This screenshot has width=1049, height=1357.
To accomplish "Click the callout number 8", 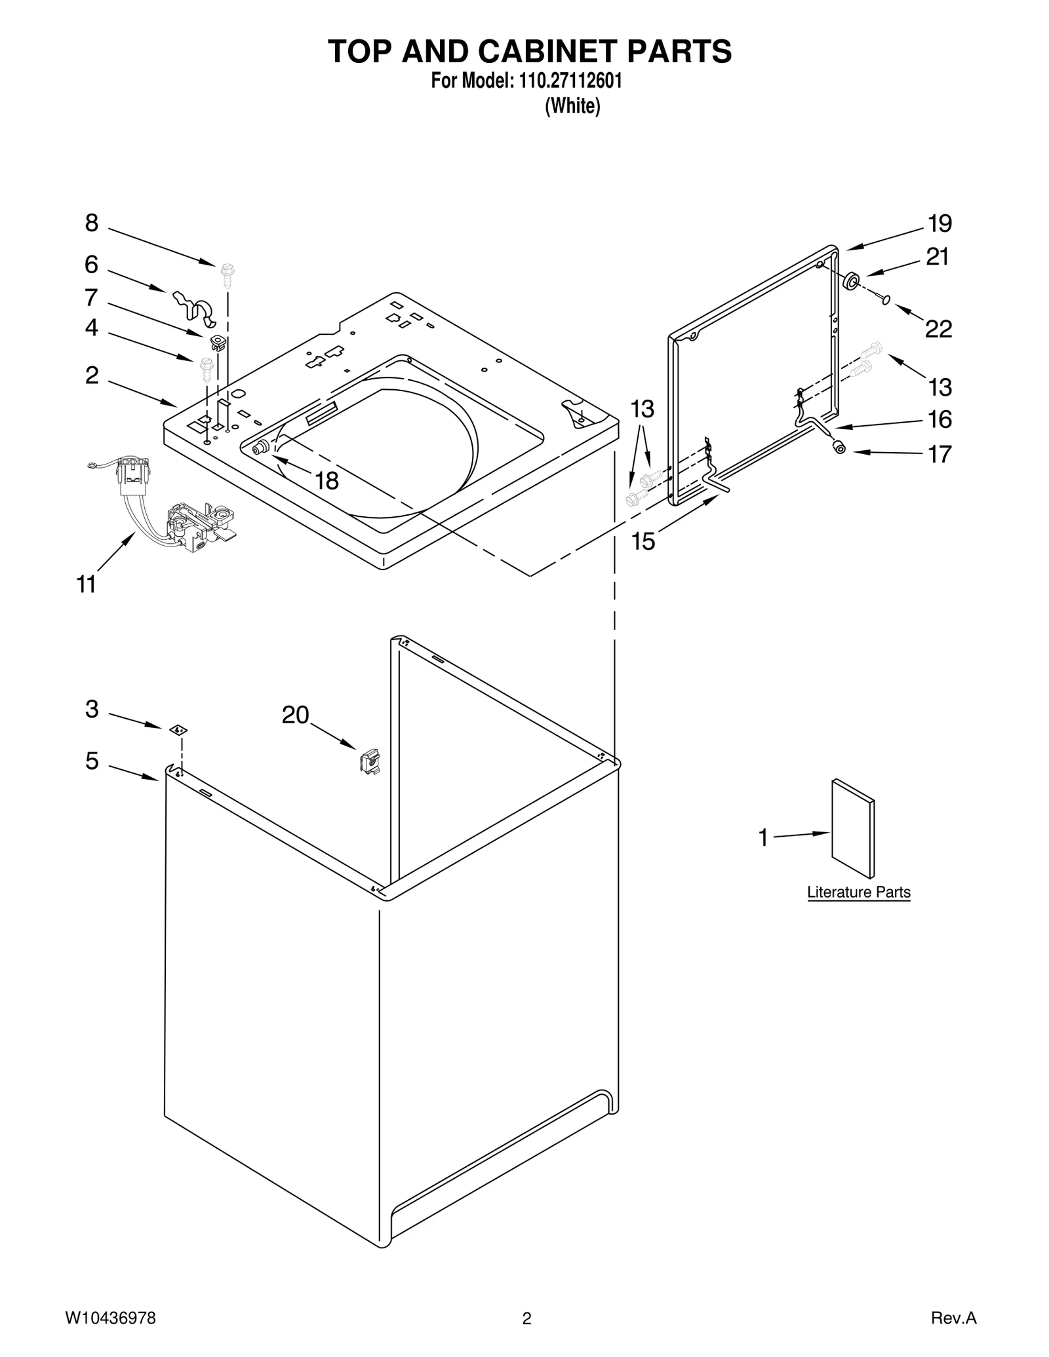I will (x=92, y=224).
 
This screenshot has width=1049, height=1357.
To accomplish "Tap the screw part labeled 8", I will (x=228, y=276).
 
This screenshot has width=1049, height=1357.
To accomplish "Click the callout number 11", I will (x=87, y=584).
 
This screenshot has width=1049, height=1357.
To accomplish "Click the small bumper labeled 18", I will (x=260, y=448).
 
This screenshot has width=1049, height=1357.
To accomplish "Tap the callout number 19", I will (x=940, y=224).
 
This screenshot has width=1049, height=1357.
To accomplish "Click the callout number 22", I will (x=938, y=330).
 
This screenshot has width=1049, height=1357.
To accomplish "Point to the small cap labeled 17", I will (x=839, y=448).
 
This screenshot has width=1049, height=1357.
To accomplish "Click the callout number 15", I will (x=643, y=542).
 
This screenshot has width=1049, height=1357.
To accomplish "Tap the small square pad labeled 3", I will (x=176, y=729).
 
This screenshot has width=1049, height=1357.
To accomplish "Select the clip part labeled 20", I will (x=370, y=761).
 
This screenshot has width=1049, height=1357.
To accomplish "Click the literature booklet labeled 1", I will (x=852, y=828).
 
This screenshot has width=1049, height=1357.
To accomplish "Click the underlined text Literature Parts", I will (x=858, y=892).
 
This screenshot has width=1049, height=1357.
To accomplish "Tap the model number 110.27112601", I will (x=570, y=81).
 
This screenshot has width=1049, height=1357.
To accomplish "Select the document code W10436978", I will (x=110, y=1318).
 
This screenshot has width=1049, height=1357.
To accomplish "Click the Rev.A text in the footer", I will (x=953, y=1318).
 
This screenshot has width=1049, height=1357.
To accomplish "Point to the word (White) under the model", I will (x=572, y=106).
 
